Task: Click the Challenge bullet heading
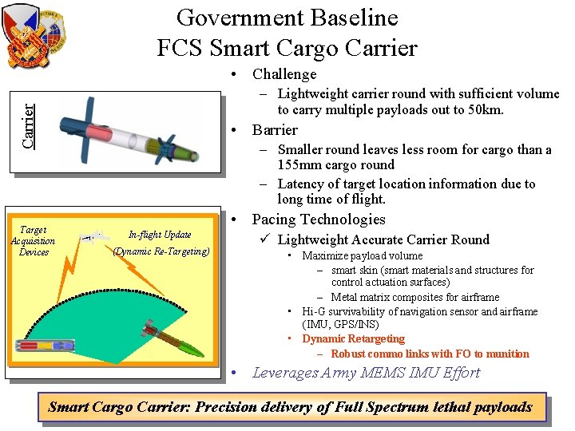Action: [284, 74]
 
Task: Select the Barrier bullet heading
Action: [275, 130]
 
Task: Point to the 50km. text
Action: [482, 109]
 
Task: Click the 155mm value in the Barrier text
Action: [298, 165]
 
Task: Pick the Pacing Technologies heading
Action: [319, 219]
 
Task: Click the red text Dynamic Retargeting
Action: [353, 339]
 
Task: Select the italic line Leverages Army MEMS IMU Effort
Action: [366, 373]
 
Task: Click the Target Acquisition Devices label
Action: [34, 241]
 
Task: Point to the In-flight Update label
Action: [160, 235]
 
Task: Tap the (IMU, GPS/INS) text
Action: [340, 325]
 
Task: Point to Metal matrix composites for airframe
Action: [415, 298]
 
